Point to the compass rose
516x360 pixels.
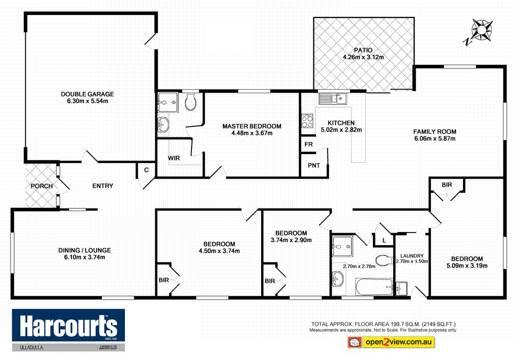[482, 29]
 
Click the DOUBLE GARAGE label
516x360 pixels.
[87, 94]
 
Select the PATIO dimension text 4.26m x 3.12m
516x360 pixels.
[363, 57]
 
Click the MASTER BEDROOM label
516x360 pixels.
[252, 126]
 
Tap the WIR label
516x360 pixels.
[174, 158]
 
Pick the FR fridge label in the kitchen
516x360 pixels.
[307, 145]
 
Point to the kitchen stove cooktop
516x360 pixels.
[307, 121]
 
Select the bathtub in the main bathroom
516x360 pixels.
[374, 286]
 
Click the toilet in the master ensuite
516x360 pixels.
[190, 103]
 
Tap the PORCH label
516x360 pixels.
[41, 186]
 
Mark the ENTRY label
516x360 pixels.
[102, 186]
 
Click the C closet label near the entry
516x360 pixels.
[146, 170]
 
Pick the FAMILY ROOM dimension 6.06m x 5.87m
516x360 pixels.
[435, 139]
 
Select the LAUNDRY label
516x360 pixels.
[413, 256]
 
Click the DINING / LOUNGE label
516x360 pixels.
[84, 250]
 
